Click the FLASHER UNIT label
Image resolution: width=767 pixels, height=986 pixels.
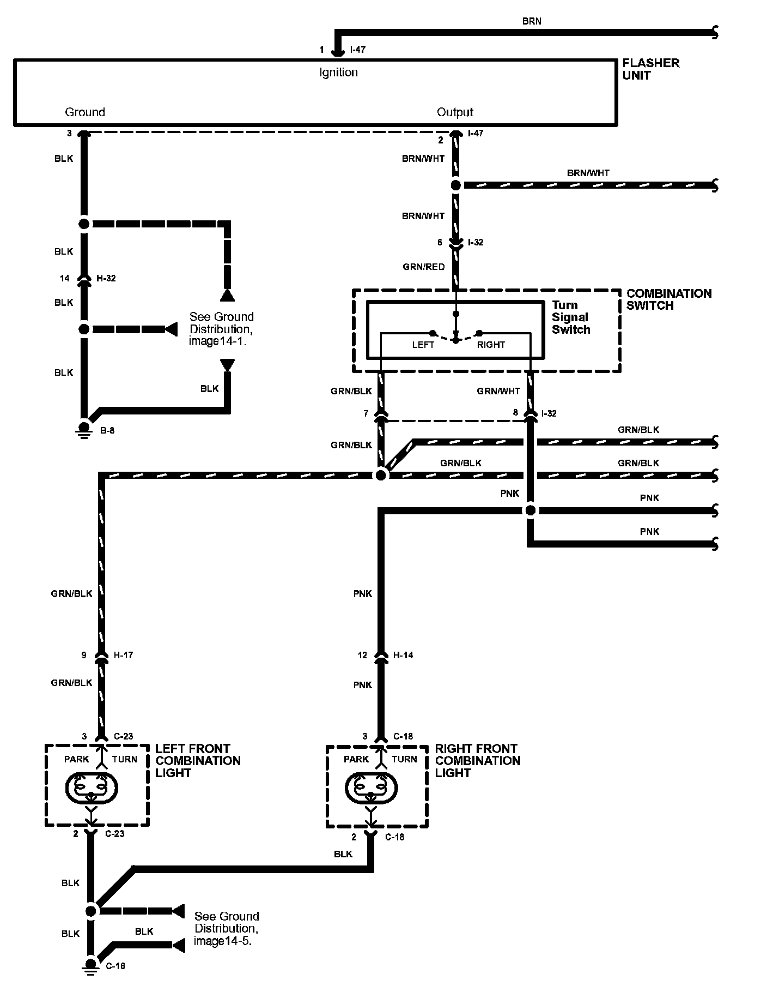(x=650, y=69)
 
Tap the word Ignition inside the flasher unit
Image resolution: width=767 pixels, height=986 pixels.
(x=338, y=73)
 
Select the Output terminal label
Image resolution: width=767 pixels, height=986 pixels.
(x=455, y=112)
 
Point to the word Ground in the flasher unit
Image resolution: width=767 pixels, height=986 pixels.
(x=85, y=112)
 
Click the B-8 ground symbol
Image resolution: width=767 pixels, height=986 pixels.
(x=84, y=429)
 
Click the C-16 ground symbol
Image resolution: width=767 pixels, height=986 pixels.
(x=91, y=964)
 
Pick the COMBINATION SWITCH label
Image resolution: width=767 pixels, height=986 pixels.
(x=668, y=299)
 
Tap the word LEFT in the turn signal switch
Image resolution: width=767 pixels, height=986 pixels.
(x=423, y=345)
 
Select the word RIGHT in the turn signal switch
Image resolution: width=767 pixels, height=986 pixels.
(x=491, y=345)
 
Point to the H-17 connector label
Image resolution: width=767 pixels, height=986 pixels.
(x=123, y=655)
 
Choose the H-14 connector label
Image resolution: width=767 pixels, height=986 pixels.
(x=403, y=655)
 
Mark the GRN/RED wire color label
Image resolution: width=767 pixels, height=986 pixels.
(x=424, y=267)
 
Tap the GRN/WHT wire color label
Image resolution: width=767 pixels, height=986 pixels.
(x=498, y=391)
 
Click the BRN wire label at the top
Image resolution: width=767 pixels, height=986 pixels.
(x=532, y=21)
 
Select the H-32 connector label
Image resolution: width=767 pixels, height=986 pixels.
(x=106, y=278)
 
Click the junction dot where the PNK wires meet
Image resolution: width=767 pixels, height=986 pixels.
(x=530, y=510)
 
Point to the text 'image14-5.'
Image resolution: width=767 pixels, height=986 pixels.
(x=223, y=941)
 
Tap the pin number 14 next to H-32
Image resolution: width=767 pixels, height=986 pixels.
(x=65, y=278)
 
